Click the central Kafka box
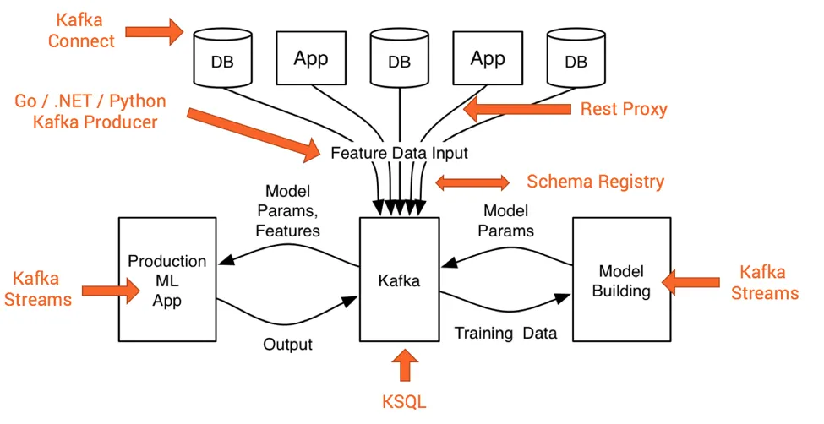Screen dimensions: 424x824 pyautogui.click(x=399, y=279)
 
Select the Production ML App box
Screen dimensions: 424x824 pyautogui.click(x=166, y=279)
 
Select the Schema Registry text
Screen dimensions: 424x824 pyautogui.click(x=595, y=182)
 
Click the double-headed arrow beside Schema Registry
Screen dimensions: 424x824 pyautogui.click(x=472, y=182)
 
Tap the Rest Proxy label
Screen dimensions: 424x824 pyautogui.click(x=624, y=109)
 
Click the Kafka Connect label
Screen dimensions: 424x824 pyautogui.click(x=81, y=30)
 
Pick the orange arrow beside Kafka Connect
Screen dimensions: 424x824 pyautogui.click(x=154, y=32)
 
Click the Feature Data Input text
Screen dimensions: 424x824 pyautogui.click(x=399, y=154)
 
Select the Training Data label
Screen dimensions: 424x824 pyautogui.click(x=505, y=333)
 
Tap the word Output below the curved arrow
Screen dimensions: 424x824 pyautogui.click(x=287, y=344)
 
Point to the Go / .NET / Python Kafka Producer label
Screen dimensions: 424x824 pyautogui.click(x=90, y=112)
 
